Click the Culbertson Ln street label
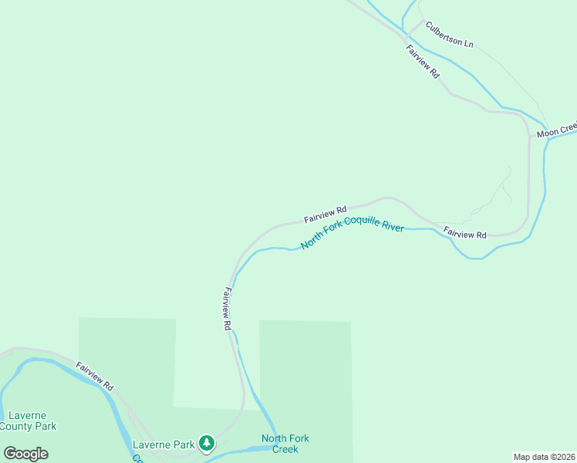[449, 37]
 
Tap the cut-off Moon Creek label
[557, 130]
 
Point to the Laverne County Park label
[28, 421]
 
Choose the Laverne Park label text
[164, 444]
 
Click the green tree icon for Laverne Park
[206, 443]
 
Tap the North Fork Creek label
[285, 444]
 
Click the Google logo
[25, 454]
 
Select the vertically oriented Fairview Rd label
[227, 309]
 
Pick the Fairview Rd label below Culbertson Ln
[423, 61]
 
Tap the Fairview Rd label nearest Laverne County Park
[95, 375]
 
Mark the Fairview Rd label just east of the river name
[465, 233]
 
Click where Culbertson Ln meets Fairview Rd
[407, 35]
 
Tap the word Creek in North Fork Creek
[285, 449]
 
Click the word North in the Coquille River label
[310, 242]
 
